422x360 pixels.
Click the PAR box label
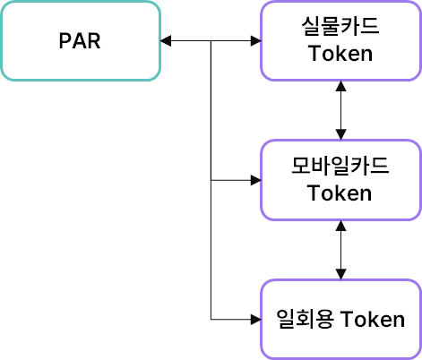click(x=80, y=40)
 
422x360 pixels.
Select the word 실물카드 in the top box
click(x=340, y=26)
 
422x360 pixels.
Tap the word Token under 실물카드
click(x=340, y=54)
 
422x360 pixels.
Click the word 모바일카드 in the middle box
click(x=340, y=166)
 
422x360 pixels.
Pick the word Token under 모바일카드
click(x=340, y=193)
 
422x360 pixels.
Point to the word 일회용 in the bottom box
click(x=305, y=319)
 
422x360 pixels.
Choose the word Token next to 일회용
click(x=373, y=319)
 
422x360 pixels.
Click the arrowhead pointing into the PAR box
click(x=166, y=40)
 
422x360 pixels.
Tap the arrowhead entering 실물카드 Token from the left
click(x=256, y=40)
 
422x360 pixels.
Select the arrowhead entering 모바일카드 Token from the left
click(x=256, y=180)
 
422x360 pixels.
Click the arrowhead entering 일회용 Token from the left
click(x=256, y=320)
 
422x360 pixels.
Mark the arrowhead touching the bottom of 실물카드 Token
click(x=340, y=86)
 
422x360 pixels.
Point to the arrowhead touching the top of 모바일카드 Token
click(x=340, y=134)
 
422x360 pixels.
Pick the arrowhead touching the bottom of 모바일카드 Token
click(x=340, y=226)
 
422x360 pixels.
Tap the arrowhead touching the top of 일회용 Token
click(x=340, y=274)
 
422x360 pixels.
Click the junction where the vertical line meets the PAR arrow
click(x=211, y=40)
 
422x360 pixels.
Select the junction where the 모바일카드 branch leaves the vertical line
click(x=211, y=180)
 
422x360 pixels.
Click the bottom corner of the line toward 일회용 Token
click(x=211, y=320)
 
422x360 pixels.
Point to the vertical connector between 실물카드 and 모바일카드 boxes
click(x=340, y=110)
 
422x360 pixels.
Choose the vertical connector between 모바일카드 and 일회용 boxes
click(x=340, y=250)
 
